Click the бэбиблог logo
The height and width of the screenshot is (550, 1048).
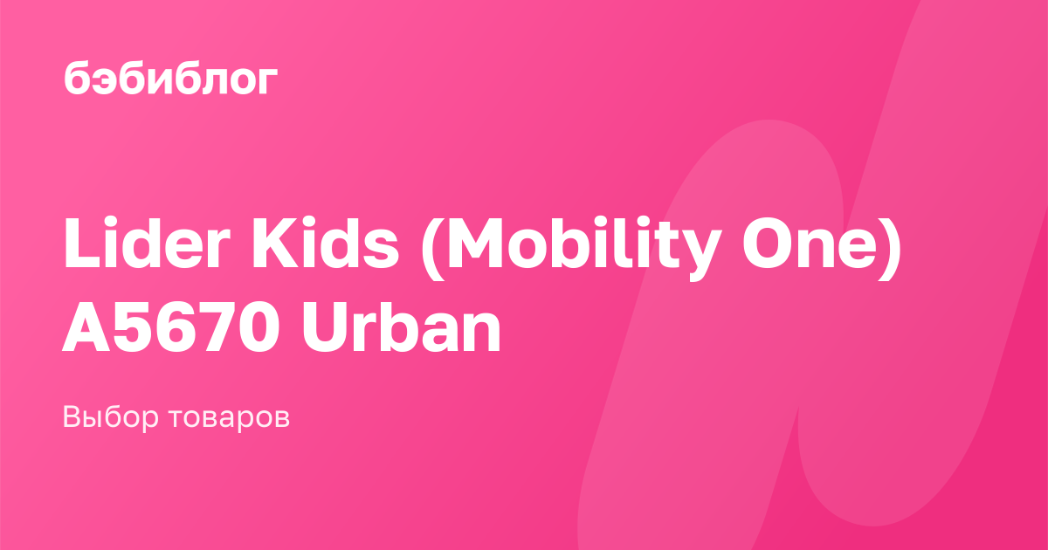coord(171,79)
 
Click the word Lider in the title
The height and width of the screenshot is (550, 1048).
coord(147,243)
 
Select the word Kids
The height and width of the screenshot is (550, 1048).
coord(325,243)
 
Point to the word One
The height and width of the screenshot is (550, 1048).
coord(815,244)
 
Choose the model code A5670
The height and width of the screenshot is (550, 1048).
coord(171,327)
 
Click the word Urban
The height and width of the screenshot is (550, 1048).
coord(402,326)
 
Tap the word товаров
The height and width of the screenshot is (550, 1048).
coord(229,418)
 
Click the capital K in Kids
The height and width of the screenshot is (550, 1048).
coord(276,243)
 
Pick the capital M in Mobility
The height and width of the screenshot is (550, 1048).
coord(481,243)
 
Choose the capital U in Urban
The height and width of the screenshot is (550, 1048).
coord(326,327)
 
